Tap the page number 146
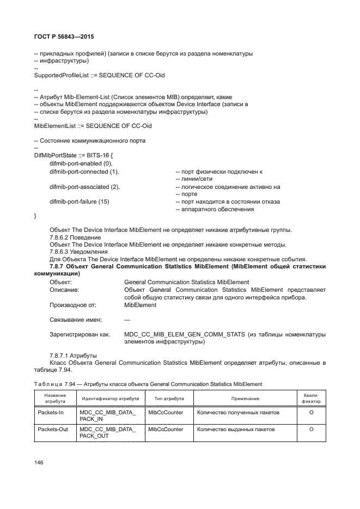39,462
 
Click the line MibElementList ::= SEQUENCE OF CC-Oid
93,126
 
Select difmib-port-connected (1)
84,171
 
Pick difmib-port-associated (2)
84,187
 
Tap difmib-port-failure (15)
80,202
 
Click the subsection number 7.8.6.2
60,237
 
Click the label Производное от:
73,305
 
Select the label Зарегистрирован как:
80,334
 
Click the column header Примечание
245,399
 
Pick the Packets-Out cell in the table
53,430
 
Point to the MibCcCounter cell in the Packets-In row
166,413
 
